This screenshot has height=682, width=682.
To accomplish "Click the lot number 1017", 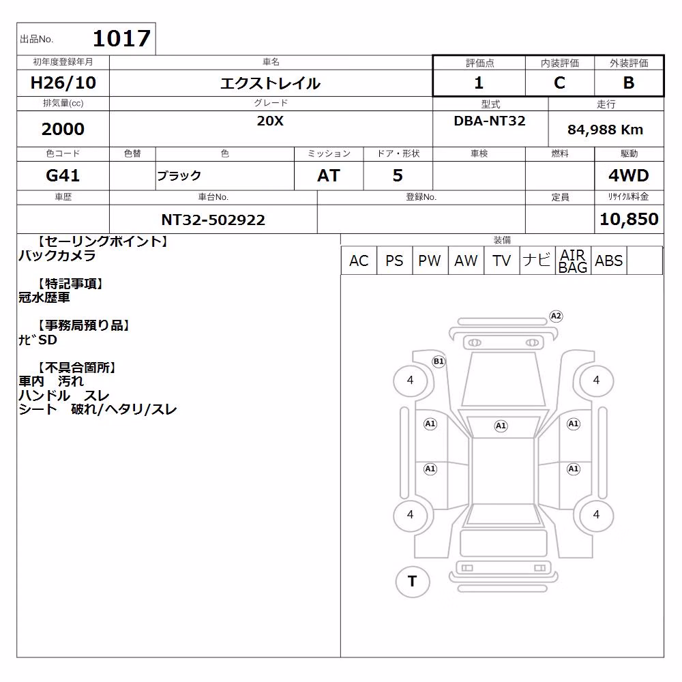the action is click(x=122, y=38).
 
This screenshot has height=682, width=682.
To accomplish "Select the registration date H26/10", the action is click(x=63, y=83).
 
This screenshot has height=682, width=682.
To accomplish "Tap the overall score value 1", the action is click(x=479, y=83).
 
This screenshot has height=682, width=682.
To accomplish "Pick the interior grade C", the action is click(x=559, y=83).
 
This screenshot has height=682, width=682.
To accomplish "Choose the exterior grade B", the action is click(x=629, y=83).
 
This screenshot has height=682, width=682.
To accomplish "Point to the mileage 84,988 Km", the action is click(x=605, y=130).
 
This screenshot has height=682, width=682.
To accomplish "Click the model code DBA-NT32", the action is click(x=490, y=121).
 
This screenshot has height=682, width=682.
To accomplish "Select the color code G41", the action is click(x=63, y=175).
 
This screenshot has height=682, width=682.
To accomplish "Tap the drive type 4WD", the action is click(x=629, y=175).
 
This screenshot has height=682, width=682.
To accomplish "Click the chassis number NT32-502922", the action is click(x=213, y=220).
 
